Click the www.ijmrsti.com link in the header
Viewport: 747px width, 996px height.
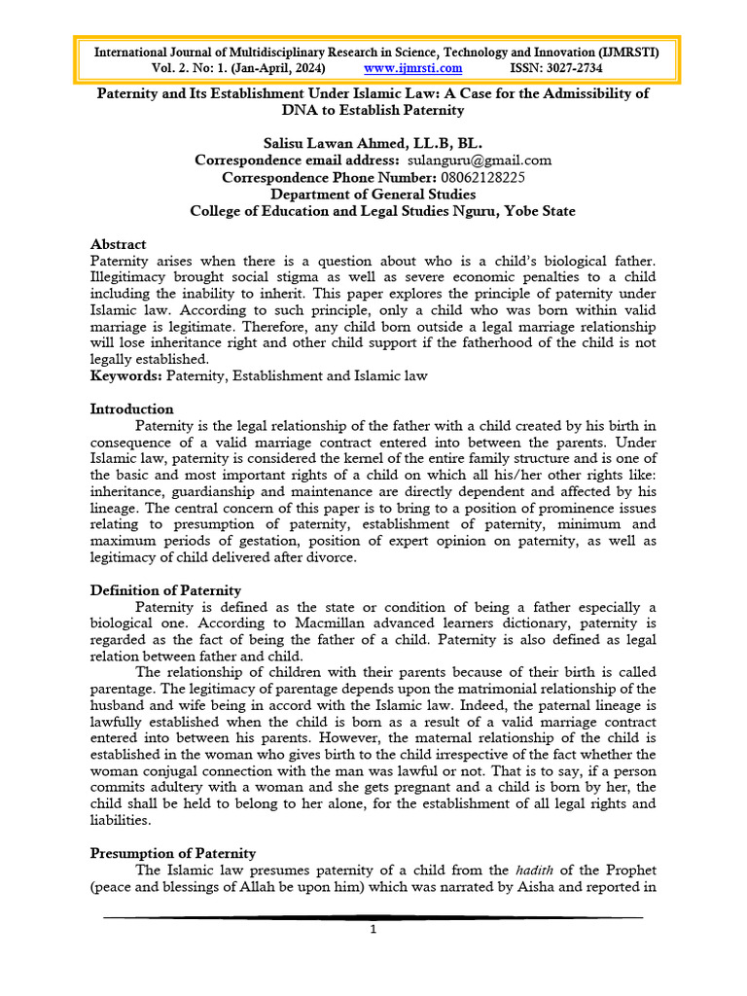click(412, 68)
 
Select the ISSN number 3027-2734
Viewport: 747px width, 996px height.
click(573, 68)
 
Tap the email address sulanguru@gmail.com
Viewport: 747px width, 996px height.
click(478, 160)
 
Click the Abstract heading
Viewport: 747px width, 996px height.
click(118, 244)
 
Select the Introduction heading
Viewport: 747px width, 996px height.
click(131, 409)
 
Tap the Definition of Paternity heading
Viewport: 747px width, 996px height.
click(165, 589)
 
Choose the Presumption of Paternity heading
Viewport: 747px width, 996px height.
click(173, 853)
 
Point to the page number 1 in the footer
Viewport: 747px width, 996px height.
click(373, 929)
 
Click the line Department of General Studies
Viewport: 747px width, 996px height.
click(373, 194)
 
